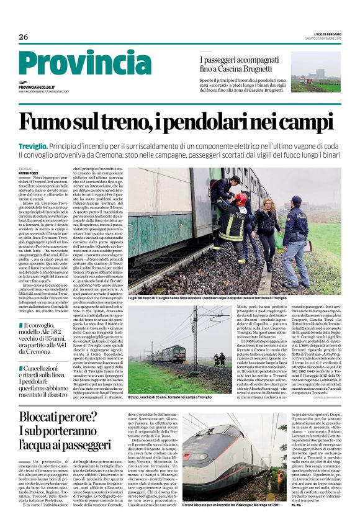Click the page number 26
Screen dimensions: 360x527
pos(24,37)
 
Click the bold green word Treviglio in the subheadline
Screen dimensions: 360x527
pos(34,145)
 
